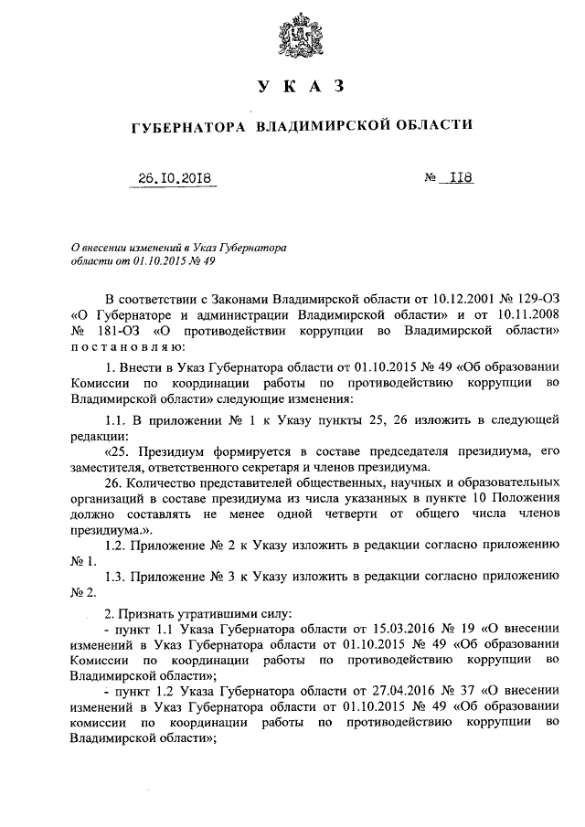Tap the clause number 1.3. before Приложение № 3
coord(119,578)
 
